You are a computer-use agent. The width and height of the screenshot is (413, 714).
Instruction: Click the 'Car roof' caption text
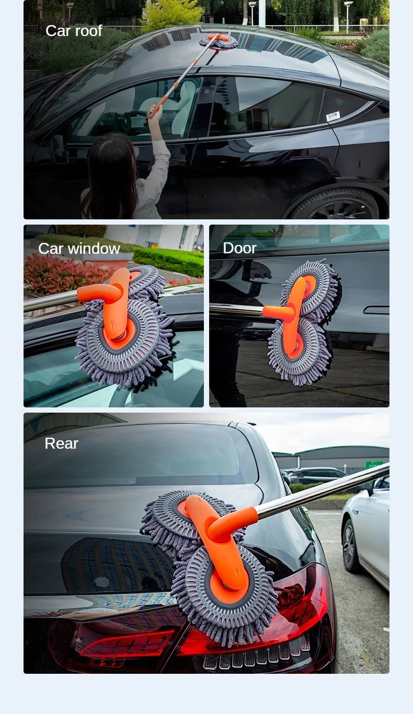[x=74, y=31]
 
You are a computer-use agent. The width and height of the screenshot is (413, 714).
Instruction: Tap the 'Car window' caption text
[x=79, y=249]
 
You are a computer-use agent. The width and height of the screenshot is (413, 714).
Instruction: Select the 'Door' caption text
[x=239, y=248]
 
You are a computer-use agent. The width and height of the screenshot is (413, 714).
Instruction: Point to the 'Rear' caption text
[x=61, y=443]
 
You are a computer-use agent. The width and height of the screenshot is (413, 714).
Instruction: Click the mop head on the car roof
[x=219, y=41]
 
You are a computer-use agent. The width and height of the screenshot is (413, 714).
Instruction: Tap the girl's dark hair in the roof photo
[x=111, y=172]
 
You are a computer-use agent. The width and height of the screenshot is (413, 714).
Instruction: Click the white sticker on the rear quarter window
[x=333, y=116]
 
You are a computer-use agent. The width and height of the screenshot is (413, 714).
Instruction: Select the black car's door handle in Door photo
[x=376, y=310]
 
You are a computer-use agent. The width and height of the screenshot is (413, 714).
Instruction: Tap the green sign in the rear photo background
[x=374, y=464]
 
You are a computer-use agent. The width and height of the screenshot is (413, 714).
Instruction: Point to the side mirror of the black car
[x=59, y=149]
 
